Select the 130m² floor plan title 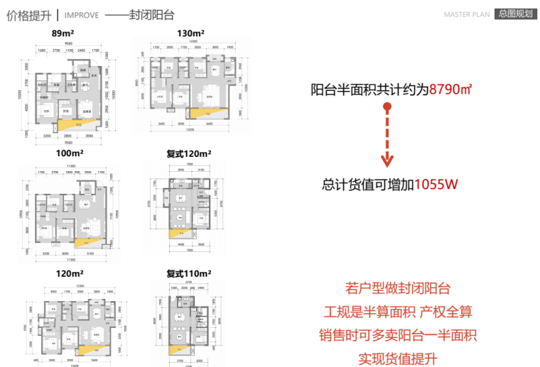tap(190, 33)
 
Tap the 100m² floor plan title tap(68, 153)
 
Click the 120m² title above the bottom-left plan tap(68, 273)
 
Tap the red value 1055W tap(436, 185)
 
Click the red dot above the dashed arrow tap(387, 107)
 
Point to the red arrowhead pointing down tap(387, 161)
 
